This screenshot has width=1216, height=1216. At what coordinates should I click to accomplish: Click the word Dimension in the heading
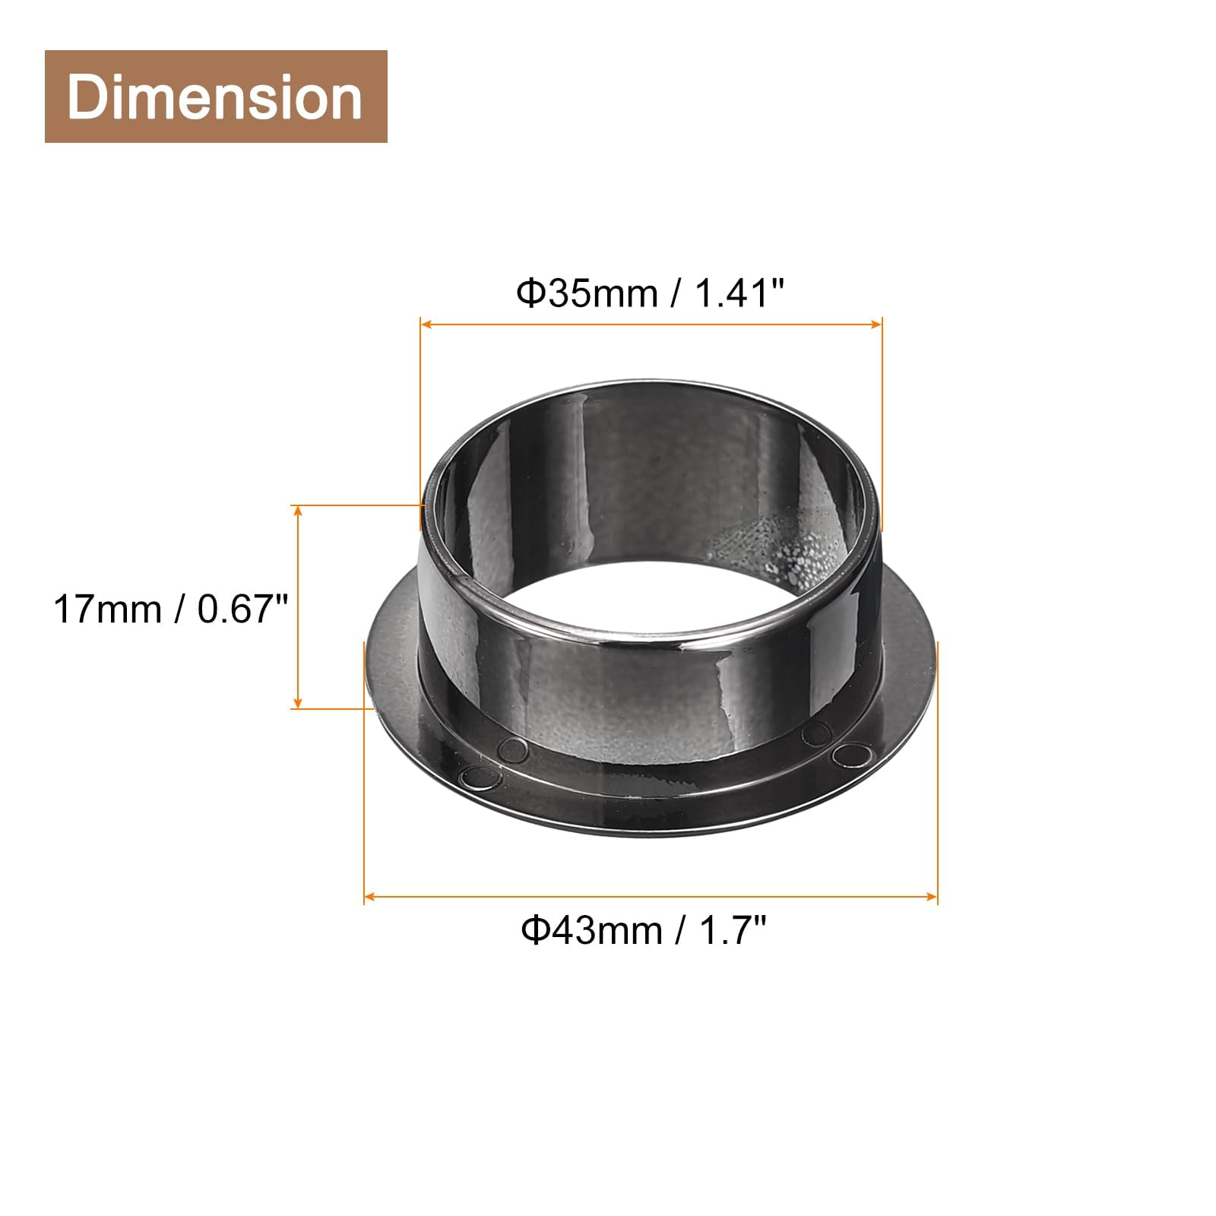[x=215, y=97]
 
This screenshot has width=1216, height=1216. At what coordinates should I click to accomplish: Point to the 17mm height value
[x=107, y=609]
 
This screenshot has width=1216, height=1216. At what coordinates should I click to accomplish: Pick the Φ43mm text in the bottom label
[x=591, y=929]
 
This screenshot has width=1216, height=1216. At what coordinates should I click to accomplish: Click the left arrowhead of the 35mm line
[x=426, y=325]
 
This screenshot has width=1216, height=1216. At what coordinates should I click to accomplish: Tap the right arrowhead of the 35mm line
[x=876, y=325]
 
